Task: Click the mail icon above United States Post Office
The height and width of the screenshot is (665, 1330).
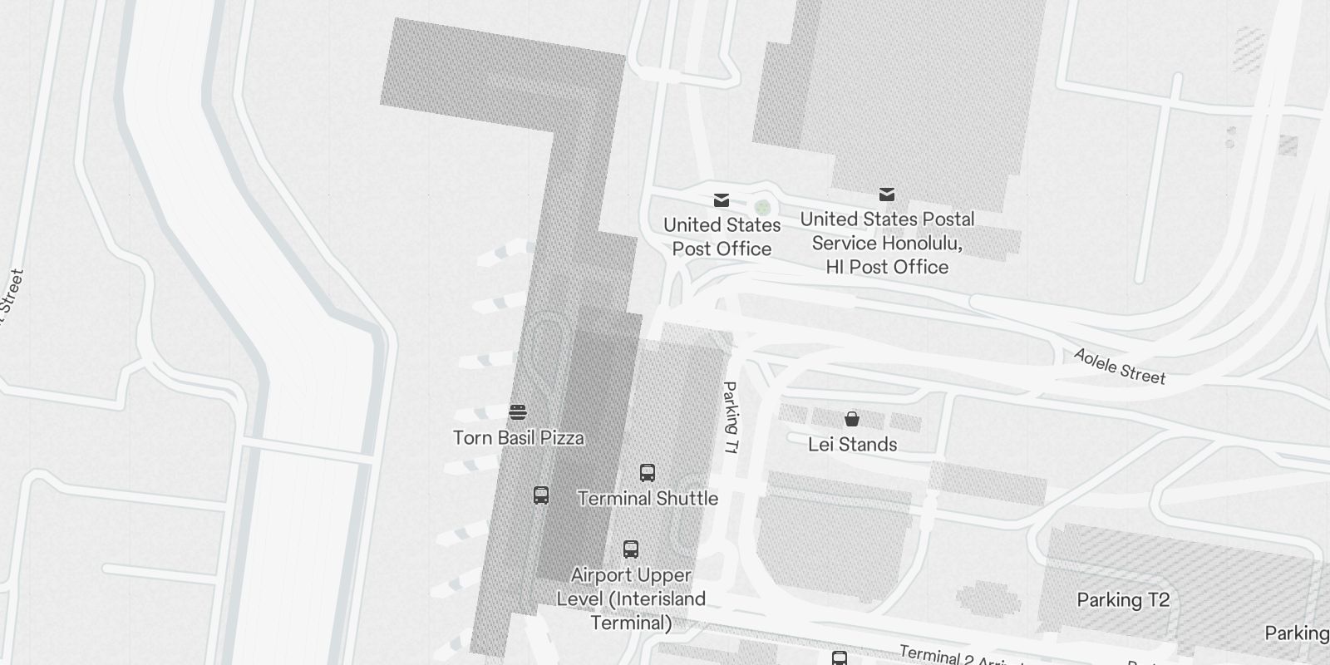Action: point(722,200)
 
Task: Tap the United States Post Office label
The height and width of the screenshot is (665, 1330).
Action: point(722,237)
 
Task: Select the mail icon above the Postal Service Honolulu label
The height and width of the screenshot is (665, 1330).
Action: point(887,195)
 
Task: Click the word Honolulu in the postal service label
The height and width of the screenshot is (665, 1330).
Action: point(922,244)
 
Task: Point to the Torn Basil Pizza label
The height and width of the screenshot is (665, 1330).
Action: point(518,438)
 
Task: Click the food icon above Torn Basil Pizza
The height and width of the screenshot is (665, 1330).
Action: point(518,412)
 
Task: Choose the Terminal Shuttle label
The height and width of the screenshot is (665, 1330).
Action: point(648,499)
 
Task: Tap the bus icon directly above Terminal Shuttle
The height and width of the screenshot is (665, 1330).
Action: point(648,473)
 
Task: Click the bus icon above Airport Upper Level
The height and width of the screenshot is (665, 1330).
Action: point(631,549)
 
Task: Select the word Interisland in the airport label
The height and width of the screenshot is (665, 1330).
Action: point(657,599)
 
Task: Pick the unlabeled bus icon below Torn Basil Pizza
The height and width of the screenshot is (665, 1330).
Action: point(541,495)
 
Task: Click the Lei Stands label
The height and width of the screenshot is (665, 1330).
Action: point(852,445)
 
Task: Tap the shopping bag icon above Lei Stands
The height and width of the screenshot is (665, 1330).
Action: point(852,418)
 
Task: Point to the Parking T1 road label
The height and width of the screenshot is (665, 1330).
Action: point(731,417)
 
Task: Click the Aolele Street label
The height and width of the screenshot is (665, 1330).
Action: point(1119,367)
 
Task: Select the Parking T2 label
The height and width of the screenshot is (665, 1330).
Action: point(1123,600)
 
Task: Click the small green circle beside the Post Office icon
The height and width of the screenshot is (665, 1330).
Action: point(761,206)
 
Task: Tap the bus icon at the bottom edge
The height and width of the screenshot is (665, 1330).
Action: point(840,658)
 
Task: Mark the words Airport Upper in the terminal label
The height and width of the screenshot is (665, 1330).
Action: point(631,575)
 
